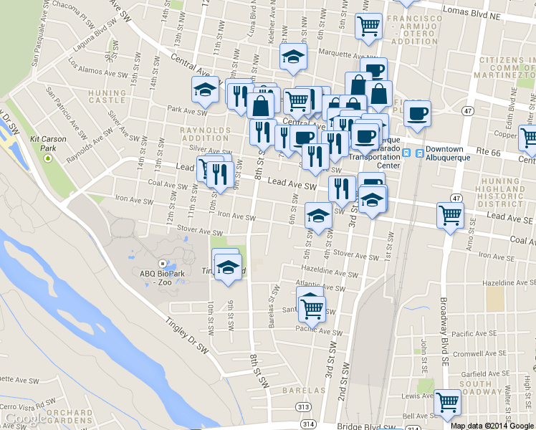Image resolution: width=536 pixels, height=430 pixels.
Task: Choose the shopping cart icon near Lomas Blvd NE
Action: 368,27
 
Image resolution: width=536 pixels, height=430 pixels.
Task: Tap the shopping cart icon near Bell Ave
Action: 447,403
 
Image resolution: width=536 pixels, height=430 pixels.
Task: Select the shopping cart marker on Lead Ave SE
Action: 450,214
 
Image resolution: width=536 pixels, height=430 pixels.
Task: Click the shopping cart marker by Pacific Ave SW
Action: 312,308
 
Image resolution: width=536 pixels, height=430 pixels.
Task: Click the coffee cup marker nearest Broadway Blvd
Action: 417,113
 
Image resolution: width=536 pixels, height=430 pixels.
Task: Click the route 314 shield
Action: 309,424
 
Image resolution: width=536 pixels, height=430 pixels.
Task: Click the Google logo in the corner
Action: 26,419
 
